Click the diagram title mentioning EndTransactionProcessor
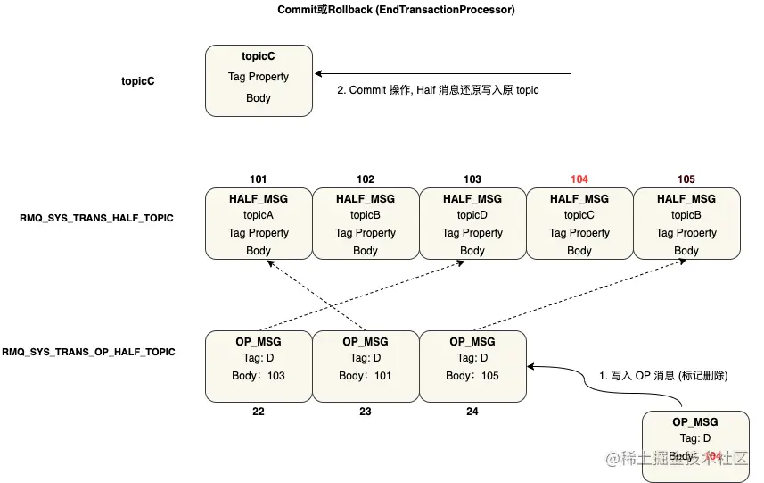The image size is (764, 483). pyautogui.click(x=397, y=10)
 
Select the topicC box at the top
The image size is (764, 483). pyautogui.click(x=259, y=81)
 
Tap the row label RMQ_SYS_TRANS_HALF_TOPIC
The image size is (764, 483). pyautogui.click(x=96, y=218)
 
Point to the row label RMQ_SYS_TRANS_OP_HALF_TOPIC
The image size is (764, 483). pyautogui.click(x=89, y=352)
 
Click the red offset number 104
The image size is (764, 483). pyautogui.click(x=579, y=179)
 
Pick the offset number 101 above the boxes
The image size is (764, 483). pyautogui.click(x=259, y=179)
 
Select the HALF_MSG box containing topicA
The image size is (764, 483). pyautogui.click(x=259, y=224)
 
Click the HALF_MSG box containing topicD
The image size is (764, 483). pyautogui.click(x=472, y=224)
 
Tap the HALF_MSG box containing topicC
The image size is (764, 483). pyautogui.click(x=579, y=224)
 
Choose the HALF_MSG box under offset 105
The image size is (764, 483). pyautogui.click(x=686, y=224)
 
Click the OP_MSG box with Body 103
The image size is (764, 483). pyautogui.click(x=259, y=366)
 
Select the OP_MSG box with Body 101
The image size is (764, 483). pyautogui.click(x=366, y=366)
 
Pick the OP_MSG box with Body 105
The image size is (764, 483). pyautogui.click(x=472, y=366)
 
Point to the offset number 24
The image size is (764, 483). pyautogui.click(x=472, y=412)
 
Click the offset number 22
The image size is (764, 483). pyautogui.click(x=259, y=412)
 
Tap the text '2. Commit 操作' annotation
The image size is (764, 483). pyautogui.click(x=438, y=90)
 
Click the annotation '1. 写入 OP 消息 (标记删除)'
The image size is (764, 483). pyautogui.click(x=663, y=376)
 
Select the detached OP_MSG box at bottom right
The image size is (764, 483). pyautogui.click(x=695, y=446)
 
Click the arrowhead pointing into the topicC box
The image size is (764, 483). pyautogui.click(x=317, y=75)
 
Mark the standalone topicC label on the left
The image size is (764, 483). pyautogui.click(x=138, y=81)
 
